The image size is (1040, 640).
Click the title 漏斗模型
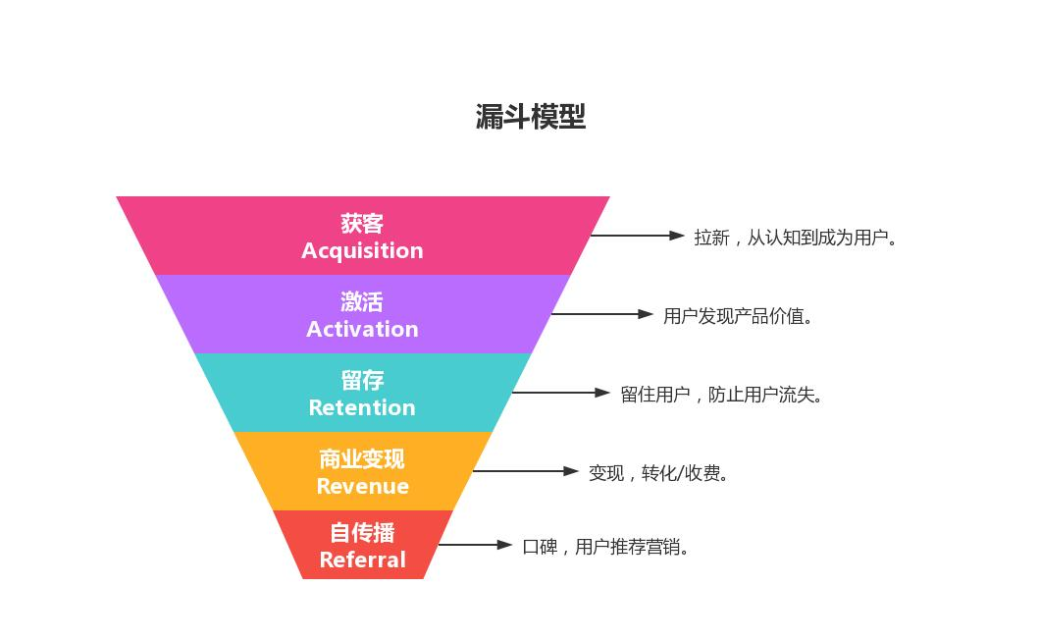click(530, 117)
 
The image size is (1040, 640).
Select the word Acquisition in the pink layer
click(362, 250)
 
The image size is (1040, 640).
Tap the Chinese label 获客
click(362, 224)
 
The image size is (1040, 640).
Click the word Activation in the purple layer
click(362, 329)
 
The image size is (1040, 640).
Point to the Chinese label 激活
click(362, 301)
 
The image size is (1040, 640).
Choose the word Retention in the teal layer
click(362, 407)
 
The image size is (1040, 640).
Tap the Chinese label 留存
click(362, 380)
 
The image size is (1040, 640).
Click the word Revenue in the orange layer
click(362, 486)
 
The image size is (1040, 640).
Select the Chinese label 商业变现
click(362, 458)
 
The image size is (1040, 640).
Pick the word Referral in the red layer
click(362, 560)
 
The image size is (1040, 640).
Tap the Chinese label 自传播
click(362, 533)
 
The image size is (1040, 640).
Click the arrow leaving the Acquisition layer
click(637, 236)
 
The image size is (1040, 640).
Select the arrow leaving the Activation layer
click(601, 314)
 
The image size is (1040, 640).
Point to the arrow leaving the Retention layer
click(560, 393)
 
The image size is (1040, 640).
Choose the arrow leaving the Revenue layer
click(525, 471)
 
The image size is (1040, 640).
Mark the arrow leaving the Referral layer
click(475, 545)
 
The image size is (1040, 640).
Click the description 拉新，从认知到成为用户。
click(796, 238)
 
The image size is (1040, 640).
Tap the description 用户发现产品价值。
click(739, 316)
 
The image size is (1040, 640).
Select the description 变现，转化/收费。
click(659, 473)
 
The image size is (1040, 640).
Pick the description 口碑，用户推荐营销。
click(606, 547)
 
